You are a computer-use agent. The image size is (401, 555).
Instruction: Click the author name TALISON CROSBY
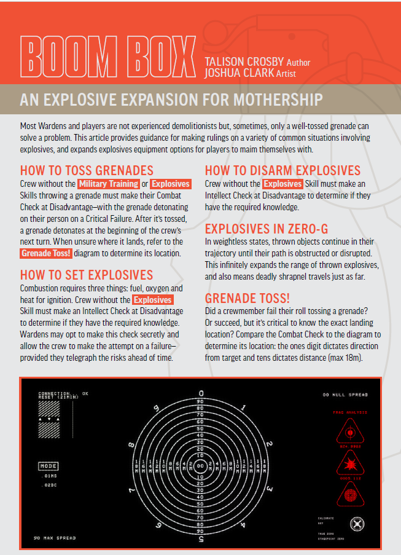coord(249,62)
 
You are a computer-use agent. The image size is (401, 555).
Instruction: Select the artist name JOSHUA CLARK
coord(243,73)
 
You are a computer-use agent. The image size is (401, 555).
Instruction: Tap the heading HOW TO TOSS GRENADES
coord(87,170)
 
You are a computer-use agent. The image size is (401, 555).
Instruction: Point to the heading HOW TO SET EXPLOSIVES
coord(87,274)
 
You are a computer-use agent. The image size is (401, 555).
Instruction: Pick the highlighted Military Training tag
coord(108,184)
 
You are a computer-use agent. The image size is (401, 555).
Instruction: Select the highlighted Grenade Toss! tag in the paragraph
coord(47,253)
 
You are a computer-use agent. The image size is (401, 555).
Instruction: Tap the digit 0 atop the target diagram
coord(201,393)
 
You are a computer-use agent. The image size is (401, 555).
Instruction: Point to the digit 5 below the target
coord(201,540)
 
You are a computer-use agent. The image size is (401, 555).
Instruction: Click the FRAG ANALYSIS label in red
coord(351,412)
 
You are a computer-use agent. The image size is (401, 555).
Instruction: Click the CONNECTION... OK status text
coord(63,393)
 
